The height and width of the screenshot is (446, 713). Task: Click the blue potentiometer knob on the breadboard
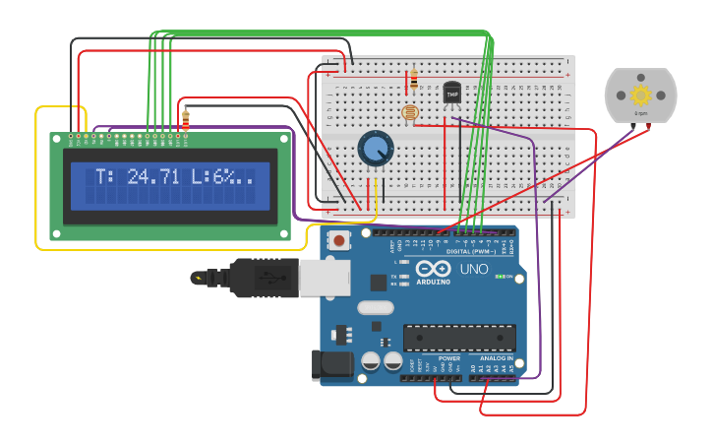pyautogui.click(x=375, y=149)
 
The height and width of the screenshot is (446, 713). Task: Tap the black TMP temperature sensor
pyautogui.click(x=451, y=93)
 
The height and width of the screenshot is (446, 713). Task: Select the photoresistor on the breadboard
pyautogui.click(x=410, y=113)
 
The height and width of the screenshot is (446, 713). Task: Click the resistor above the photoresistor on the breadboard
pyautogui.click(x=413, y=77)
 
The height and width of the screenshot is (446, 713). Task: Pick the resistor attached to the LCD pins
pyautogui.click(x=186, y=119)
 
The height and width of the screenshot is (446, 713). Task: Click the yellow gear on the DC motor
pyautogui.click(x=641, y=96)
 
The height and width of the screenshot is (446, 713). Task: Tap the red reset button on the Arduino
pyautogui.click(x=339, y=240)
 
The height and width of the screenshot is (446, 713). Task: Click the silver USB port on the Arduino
pyautogui.click(x=325, y=278)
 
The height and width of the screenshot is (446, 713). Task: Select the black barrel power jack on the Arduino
pyautogui.click(x=331, y=364)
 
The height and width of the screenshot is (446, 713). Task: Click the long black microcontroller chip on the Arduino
pyautogui.click(x=459, y=338)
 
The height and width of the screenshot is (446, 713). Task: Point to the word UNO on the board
pyautogui.click(x=474, y=269)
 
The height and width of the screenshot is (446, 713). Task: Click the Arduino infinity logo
pyautogui.click(x=434, y=269)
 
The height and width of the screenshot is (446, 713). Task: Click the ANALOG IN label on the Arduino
pyautogui.click(x=496, y=358)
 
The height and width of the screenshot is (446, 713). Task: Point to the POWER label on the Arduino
pyautogui.click(x=448, y=358)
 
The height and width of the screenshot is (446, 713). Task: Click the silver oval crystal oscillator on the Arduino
pyautogui.click(x=376, y=307)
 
